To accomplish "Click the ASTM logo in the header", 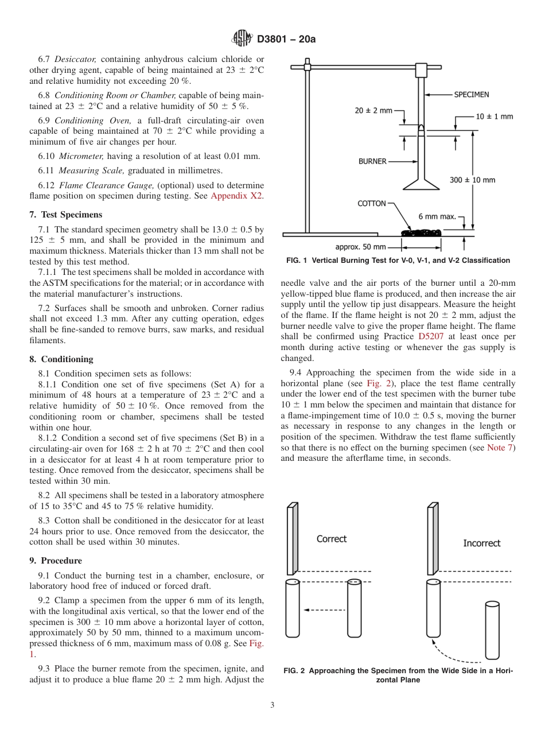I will [x=242, y=39].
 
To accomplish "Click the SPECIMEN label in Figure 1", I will [x=472, y=94].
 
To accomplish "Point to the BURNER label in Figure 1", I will [x=372, y=161].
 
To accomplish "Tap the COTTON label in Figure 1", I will [x=372, y=203].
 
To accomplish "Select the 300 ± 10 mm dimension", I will [x=472, y=180].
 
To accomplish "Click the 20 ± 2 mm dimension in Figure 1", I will [x=373, y=110].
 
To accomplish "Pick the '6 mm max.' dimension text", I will [x=437, y=216].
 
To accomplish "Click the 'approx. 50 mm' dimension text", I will [x=361, y=247].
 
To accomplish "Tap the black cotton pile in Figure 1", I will [x=421, y=232].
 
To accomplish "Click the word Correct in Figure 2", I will [x=332, y=539].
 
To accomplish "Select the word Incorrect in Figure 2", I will [x=481, y=543].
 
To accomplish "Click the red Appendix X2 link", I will [x=237, y=196].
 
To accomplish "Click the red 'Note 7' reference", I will [x=500, y=447].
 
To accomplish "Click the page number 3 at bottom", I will [x=272, y=705].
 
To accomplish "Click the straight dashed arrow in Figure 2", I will [x=322, y=609].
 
